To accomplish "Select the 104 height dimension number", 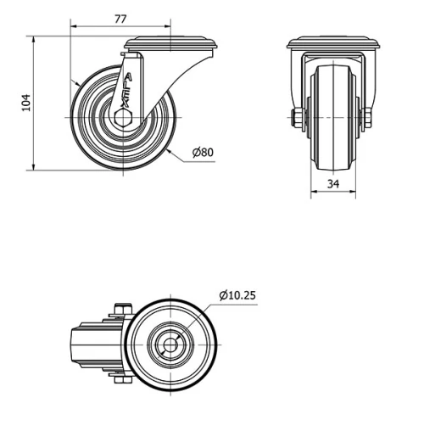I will click(25, 103).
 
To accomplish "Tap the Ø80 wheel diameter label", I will click(203, 153).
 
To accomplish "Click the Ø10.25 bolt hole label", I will click(237, 295).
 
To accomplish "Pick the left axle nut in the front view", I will click(298, 117).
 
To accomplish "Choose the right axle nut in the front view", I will click(367, 117).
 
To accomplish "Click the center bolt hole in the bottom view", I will click(170, 346).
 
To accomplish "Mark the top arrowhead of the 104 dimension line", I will click(34, 39).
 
